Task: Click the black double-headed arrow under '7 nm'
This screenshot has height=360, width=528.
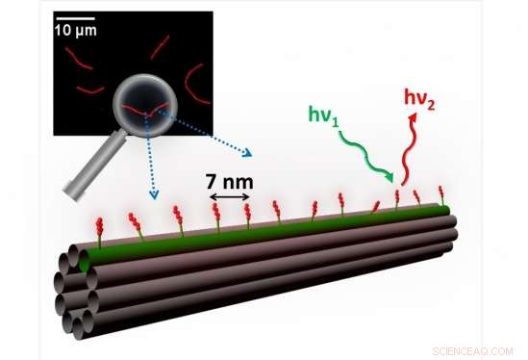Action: pyautogui.click(x=230, y=196)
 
